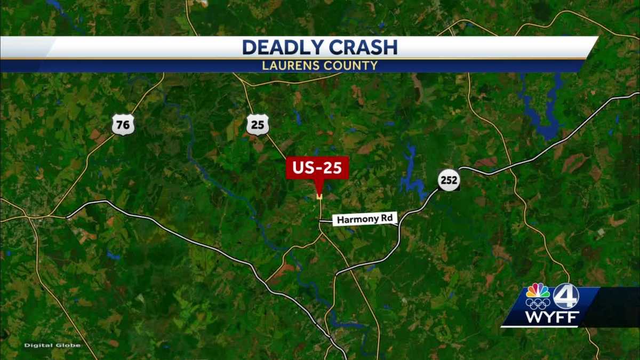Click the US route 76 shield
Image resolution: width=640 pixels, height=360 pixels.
123,125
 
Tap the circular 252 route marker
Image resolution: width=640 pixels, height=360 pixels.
449,180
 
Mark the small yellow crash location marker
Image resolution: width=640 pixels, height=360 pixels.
319,197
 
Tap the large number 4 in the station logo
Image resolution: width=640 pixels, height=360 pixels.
566,297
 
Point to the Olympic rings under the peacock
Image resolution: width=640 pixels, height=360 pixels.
537,304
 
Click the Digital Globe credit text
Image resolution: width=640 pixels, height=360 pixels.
52,346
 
